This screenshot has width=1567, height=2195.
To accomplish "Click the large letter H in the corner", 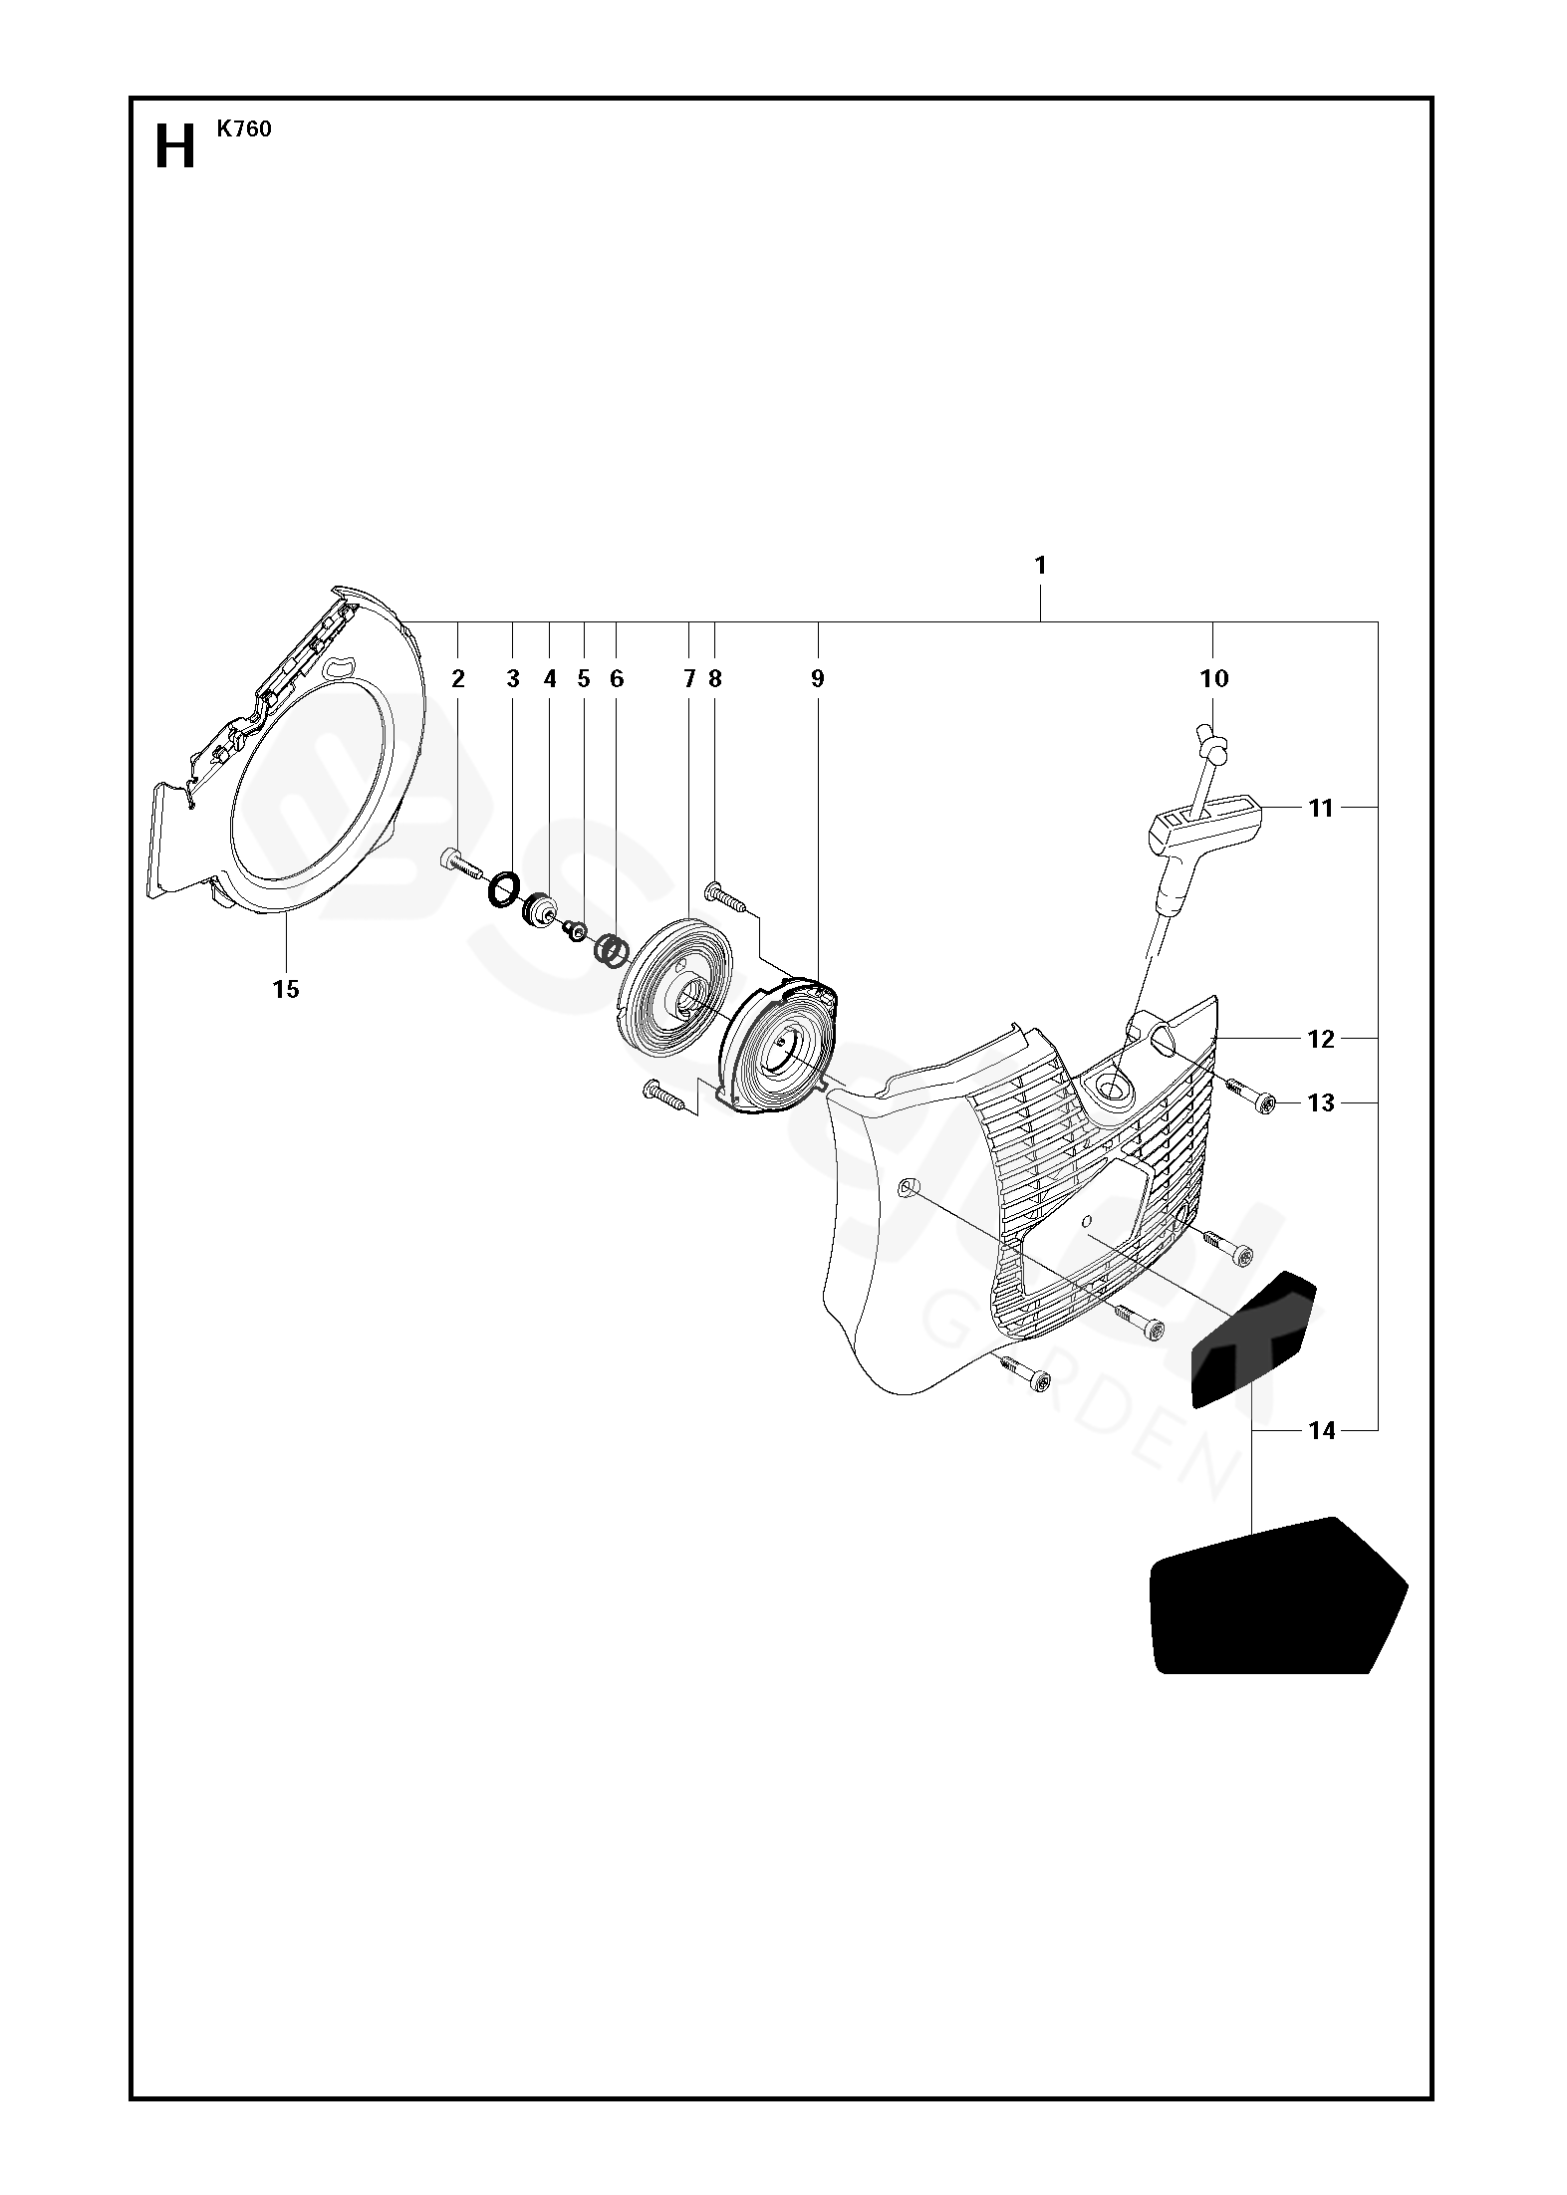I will click(x=175, y=149).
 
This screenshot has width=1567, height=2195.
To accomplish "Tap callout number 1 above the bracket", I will click(x=1040, y=566).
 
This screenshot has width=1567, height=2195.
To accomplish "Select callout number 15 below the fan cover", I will click(x=286, y=989).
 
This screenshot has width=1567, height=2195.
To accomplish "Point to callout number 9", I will click(x=817, y=679).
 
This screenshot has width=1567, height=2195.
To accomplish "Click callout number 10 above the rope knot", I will click(x=1214, y=679).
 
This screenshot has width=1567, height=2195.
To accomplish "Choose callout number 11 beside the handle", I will click(x=1320, y=808).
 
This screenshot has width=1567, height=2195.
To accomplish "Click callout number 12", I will click(x=1320, y=1039).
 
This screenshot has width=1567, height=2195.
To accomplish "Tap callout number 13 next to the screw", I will click(x=1320, y=1102).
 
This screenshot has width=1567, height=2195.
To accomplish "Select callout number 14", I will click(x=1321, y=1431).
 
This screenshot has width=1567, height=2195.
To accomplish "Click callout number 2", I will click(x=458, y=679).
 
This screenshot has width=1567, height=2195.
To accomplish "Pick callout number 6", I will click(x=617, y=679).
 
